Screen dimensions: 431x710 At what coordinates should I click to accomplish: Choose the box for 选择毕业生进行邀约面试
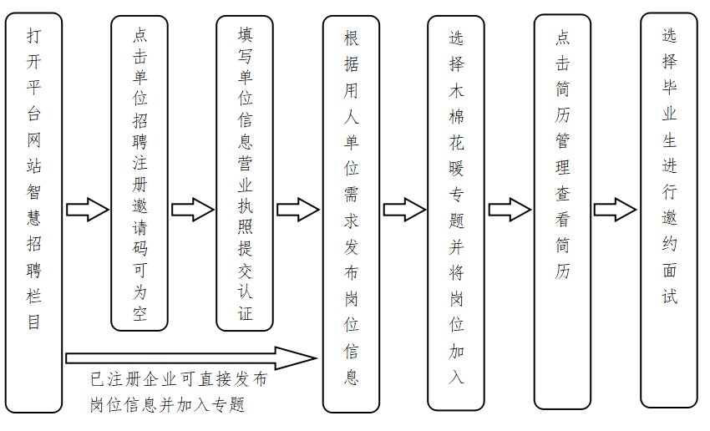pyautogui.click(x=669, y=209)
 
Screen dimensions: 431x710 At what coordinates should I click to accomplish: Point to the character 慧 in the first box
pyautogui.click(x=34, y=219)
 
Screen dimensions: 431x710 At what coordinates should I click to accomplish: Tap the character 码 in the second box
pyautogui.click(x=139, y=248)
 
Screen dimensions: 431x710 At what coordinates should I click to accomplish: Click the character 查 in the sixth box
pyautogui.click(x=563, y=194)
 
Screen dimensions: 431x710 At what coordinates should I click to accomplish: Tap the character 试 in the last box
pyautogui.click(x=670, y=297)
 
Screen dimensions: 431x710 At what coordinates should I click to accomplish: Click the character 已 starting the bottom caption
pyautogui.click(x=98, y=380)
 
